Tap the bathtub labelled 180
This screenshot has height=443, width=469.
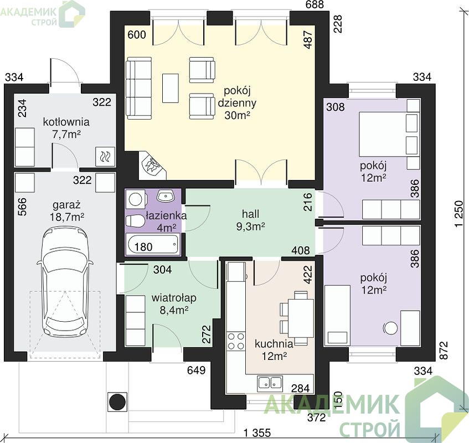[x=153, y=245]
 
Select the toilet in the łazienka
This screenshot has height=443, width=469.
[x=135, y=221]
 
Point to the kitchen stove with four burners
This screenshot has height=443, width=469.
[x=236, y=341]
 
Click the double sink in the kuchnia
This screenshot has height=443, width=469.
[x=270, y=383]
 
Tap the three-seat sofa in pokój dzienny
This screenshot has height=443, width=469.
[x=139, y=88]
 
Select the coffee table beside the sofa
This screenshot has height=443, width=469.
[x=171, y=88]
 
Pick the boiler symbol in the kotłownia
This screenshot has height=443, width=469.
[x=105, y=157]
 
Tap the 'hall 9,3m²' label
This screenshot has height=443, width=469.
[x=251, y=220]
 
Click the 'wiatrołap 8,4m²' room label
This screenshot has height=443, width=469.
[x=174, y=304]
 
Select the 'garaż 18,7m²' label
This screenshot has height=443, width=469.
[x=66, y=211]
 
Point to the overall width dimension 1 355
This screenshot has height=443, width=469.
[x=257, y=432]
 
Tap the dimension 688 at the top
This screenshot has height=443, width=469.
[x=315, y=4]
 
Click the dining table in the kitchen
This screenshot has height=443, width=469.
[x=297, y=318]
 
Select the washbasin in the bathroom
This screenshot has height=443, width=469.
[x=166, y=195]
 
